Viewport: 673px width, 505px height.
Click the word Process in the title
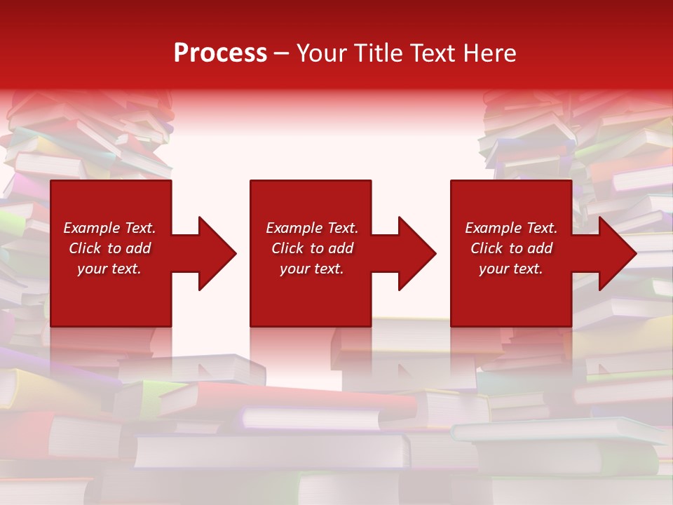[220, 53]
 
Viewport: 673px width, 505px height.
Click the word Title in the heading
[377, 53]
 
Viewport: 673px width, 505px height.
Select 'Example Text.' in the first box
[110, 228]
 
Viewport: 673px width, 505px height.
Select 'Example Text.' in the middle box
[312, 228]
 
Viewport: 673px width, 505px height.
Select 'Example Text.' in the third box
[511, 228]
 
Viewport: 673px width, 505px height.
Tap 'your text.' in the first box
[109, 269]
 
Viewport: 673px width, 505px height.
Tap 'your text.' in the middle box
[312, 269]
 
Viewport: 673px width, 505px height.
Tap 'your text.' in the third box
[511, 269]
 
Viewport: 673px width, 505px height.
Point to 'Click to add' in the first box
[110, 248]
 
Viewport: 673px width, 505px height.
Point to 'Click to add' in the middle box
[312, 248]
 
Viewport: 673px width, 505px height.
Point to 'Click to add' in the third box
[511, 248]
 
